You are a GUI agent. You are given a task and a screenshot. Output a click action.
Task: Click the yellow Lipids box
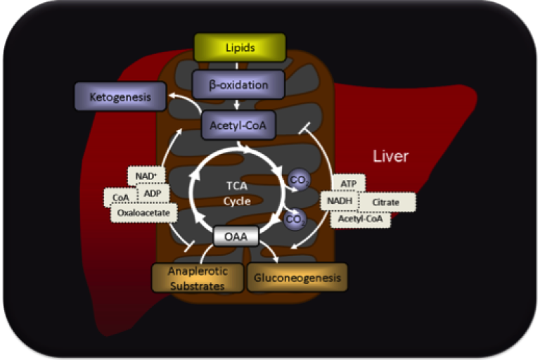point(240,48)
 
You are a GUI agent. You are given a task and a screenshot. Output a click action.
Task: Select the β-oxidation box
point(238,85)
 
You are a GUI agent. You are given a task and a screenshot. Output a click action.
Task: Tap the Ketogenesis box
point(120,97)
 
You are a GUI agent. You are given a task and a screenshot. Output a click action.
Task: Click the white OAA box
point(236,237)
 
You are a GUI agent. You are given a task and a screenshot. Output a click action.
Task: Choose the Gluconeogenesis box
point(297,278)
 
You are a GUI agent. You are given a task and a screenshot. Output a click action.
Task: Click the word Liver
point(390,156)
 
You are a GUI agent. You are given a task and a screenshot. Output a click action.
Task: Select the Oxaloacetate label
point(143,212)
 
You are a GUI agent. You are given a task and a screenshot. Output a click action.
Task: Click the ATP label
point(349,184)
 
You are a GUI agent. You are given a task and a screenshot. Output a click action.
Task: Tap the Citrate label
point(386,202)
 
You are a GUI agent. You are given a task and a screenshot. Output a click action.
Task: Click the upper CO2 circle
point(297,180)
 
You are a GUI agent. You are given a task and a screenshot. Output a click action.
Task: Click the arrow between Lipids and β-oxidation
point(238,66)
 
